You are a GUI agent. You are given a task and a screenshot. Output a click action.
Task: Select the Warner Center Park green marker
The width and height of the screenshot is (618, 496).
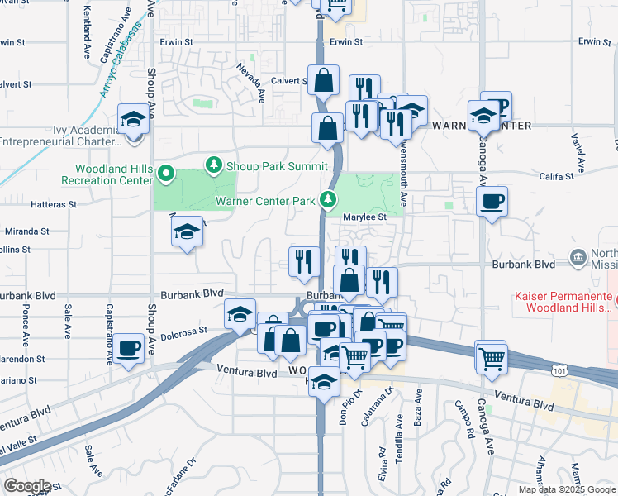click(x=329, y=199)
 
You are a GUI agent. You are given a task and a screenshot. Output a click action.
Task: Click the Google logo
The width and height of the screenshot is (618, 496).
click(x=27, y=485)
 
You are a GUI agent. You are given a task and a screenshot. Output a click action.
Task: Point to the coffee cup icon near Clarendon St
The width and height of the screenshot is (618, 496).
click(x=130, y=348)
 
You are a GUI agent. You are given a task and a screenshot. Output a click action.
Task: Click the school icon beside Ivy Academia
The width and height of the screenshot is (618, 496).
click(x=133, y=119)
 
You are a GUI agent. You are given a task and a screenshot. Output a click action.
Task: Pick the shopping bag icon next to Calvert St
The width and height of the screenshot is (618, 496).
click(x=324, y=80)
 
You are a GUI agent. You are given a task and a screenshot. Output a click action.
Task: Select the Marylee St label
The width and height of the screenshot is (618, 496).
click(x=365, y=217)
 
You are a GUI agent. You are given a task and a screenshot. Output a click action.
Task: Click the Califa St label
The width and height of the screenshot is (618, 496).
click(x=556, y=177)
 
